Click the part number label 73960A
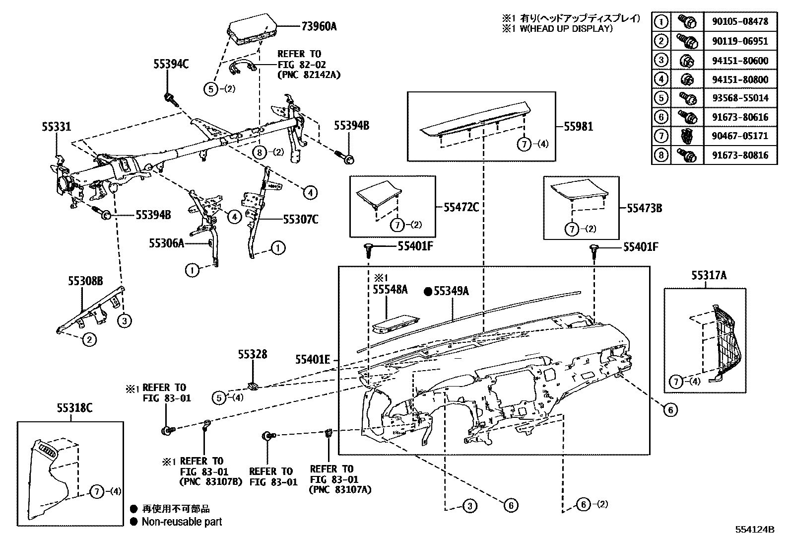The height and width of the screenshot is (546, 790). [x=318, y=26]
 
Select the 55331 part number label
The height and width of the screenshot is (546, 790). [x=56, y=127]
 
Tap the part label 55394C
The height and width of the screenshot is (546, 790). [x=171, y=64]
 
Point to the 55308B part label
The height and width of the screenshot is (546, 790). [x=85, y=281]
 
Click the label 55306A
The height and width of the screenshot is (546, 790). [x=166, y=243]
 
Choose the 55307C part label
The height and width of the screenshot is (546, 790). [x=301, y=219]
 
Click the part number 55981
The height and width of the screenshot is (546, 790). [x=578, y=126]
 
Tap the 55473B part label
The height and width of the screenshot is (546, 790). [x=644, y=209]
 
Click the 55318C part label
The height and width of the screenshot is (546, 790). [x=74, y=408]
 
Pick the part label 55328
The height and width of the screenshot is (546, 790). [x=252, y=354]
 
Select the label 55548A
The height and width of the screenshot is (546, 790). [x=390, y=290]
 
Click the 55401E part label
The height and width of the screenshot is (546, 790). [x=313, y=359]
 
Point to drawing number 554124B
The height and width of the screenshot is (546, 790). [x=755, y=530]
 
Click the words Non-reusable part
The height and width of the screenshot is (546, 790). [x=182, y=522]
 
